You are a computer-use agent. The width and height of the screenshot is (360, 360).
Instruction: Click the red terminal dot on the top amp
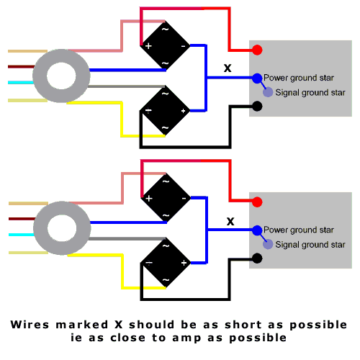(257, 50)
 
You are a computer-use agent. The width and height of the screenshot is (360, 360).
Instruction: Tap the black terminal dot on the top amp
(257, 106)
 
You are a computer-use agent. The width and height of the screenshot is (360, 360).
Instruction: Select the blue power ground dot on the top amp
(257, 78)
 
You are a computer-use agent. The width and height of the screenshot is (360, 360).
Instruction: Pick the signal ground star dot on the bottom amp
(268, 244)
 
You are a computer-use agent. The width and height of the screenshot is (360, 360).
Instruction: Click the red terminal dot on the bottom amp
(257, 202)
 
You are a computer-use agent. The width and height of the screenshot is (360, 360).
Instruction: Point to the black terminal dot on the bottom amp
(257, 258)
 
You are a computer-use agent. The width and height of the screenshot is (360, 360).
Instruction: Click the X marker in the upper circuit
(228, 68)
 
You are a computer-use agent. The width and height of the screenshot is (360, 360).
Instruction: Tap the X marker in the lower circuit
(230, 221)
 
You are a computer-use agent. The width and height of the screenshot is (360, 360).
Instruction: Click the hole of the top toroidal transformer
(61, 76)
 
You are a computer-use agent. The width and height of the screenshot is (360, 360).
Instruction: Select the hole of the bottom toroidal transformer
(62, 228)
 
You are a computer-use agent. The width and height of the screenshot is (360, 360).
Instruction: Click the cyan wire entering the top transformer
(21, 83)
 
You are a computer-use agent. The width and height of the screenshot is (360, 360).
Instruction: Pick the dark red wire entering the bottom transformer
(22, 219)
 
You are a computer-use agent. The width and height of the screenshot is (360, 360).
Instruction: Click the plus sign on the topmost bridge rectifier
(148, 46)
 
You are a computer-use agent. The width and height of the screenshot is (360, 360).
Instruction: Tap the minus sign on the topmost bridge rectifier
(183, 46)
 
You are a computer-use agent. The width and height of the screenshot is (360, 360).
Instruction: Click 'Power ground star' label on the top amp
(299, 78)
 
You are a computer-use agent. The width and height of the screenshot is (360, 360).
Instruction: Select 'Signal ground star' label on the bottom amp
(310, 245)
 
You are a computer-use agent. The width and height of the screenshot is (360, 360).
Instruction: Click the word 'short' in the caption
(243, 325)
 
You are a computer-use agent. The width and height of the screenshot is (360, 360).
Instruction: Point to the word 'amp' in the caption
(186, 338)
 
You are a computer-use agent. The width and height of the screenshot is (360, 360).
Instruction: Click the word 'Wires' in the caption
(30, 325)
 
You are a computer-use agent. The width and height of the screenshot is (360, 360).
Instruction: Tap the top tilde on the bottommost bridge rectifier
(166, 246)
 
